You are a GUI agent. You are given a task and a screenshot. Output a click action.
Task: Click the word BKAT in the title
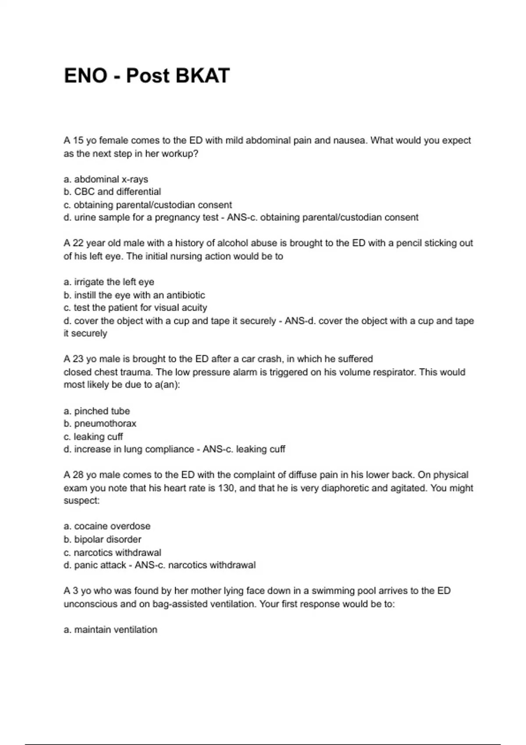pyautogui.click(x=203, y=76)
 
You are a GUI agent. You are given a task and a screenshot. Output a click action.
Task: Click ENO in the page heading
pyautogui.click(x=85, y=76)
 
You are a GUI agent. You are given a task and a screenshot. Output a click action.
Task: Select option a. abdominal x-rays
pyautogui.click(x=106, y=179)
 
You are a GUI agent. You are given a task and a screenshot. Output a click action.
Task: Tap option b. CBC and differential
pyautogui.click(x=112, y=192)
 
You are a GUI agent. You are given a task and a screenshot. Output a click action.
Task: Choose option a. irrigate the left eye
pyautogui.click(x=109, y=282)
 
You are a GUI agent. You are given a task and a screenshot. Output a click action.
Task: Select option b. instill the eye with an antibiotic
pyautogui.click(x=134, y=295)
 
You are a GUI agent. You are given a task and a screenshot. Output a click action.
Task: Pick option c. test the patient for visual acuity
pyautogui.click(x=135, y=308)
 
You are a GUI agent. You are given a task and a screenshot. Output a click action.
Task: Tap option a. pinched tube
pyautogui.click(x=97, y=411)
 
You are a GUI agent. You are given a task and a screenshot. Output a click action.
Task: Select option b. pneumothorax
pyautogui.click(x=100, y=424)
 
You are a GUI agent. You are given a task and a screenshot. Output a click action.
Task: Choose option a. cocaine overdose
pyautogui.click(x=107, y=526)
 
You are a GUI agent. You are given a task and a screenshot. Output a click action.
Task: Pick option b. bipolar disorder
pyautogui.click(x=102, y=539)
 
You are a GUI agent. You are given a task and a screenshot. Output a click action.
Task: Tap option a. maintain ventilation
pyautogui.click(x=110, y=630)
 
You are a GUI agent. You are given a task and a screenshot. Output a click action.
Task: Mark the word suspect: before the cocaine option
pyautogui.click(x=82, y=500)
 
